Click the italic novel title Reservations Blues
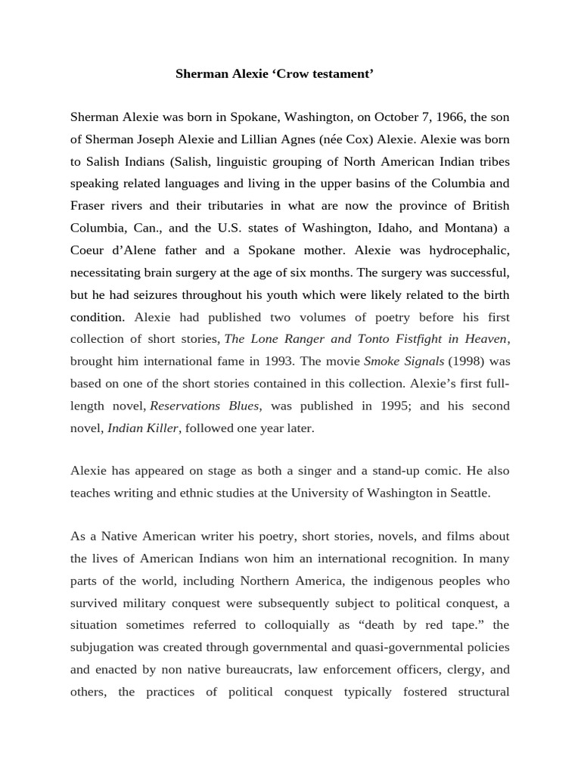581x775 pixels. click(x=205, y=406)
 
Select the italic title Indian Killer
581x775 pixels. click(x=143, y=428)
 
